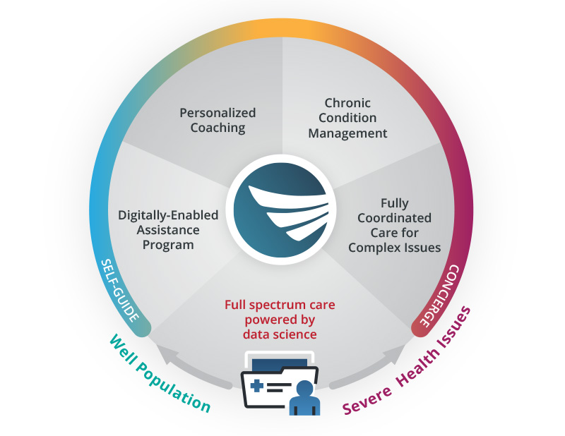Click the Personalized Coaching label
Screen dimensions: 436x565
218,121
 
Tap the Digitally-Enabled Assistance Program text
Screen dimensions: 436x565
168,230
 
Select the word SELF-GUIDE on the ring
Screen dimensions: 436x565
126,294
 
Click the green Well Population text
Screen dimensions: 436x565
160,373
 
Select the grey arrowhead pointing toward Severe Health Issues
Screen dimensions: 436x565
395,350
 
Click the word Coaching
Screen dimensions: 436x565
218,128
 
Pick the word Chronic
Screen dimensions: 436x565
347,103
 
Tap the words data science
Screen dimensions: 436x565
280,334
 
